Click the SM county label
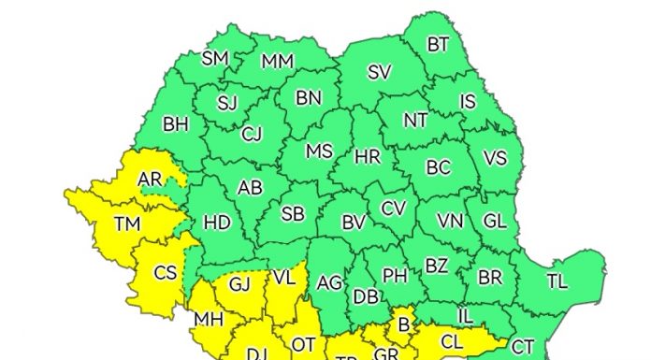pos(215,59)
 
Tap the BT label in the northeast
pos(438,44)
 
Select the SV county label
pos(378,73)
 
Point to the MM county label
pos(277,62)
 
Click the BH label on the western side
pos(175,123)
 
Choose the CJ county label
pos(252,134)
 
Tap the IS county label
pos(469,101)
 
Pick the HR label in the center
pos(368,157)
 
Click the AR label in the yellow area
pos(149,179)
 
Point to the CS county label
pos(166,273)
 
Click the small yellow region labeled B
pos(405,325)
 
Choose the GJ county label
pos(240,283)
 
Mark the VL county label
pos(284,278)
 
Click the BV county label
pos(353,223)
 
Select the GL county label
pos(494,222)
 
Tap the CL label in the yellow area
pos(451,341)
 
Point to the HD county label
pos(216,223)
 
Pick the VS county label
pos(495,158)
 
